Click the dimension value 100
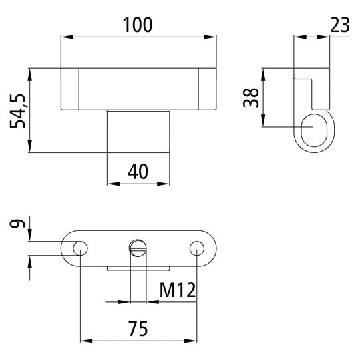138,25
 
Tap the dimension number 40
138,171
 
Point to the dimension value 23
340,25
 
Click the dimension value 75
138,328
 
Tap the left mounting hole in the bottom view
80,248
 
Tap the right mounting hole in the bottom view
196,248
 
